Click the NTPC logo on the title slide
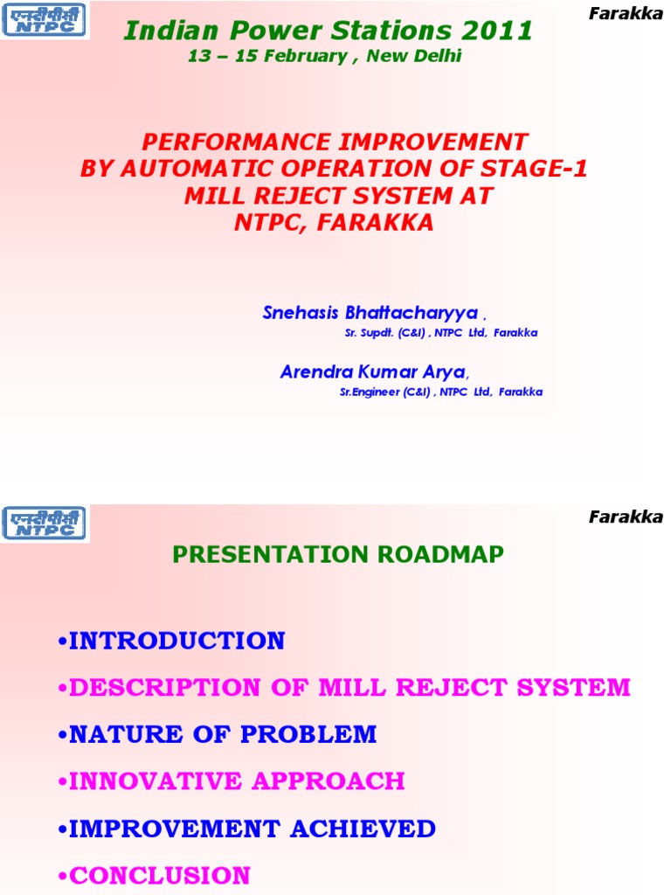click(x=45, y=19)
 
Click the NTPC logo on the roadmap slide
click(x=45, y=523)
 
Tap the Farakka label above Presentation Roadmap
click(x=626, y=517)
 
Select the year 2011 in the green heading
click(x=500, y=31)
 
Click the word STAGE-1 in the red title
click(x=536, y=169)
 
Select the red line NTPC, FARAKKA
click(x=335, y=223)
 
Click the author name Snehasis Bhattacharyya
click(x=370, y=313)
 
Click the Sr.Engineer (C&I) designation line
click(x=441, y=392)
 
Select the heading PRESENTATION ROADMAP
click(x=338, y=554)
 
